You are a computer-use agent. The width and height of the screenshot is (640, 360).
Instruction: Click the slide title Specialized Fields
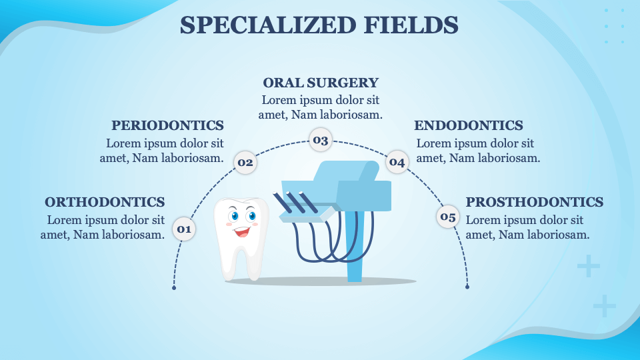coord(319,25)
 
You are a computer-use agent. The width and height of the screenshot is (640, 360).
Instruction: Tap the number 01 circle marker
coord(183,229)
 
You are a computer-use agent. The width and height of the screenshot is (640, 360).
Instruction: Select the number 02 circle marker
coord(245,162)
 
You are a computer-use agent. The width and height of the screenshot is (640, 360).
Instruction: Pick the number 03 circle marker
coord(321,140)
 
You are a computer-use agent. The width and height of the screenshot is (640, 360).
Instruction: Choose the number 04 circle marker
coord(397,162)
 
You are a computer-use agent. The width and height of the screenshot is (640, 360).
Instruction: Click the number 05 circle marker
coord(447,216)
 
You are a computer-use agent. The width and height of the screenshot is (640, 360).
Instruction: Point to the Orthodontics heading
coord(105,202)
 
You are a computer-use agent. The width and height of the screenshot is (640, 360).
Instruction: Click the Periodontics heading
coord(167,125)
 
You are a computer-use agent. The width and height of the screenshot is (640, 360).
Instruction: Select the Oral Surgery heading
coord(321,83)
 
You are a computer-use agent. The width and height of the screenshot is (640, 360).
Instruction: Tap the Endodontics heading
coord(469,125)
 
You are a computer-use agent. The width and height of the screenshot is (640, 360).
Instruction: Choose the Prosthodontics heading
coord(534,202)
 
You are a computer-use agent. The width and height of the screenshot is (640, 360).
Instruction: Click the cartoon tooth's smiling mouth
coord(241,232)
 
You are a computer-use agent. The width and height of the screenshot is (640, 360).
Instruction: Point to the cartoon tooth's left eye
coord(233,216)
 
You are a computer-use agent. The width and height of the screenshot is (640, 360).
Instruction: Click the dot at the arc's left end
coord(174,287)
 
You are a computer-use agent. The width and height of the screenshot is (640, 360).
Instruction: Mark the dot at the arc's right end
coord(467,287)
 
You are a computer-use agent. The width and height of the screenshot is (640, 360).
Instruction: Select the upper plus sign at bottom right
coord(588,267)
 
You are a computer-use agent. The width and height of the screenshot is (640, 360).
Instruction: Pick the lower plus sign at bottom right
coord(604,305)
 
